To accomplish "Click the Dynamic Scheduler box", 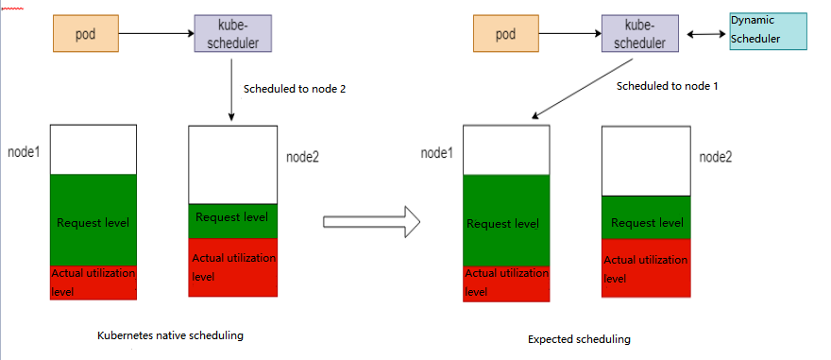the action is (x=768, y=31).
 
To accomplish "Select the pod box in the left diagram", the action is (x=86, y=33).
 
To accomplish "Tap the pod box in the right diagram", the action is (x=506, y=33).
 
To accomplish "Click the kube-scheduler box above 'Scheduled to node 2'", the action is (x=233, y=33).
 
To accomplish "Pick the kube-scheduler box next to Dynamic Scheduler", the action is (x=640, y=33).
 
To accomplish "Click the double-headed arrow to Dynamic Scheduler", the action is (x=706, y=34).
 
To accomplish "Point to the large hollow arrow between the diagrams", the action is (x=371, y=222).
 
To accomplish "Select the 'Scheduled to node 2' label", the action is (x=295, y=89).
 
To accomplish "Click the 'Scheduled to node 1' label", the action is (x=668, y=86).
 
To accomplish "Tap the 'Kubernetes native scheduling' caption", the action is (x=171, y=335).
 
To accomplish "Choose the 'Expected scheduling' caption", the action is (x=579, y=339).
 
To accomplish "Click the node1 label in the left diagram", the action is (x=25, y=152).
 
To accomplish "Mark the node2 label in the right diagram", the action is (x=716, y=157).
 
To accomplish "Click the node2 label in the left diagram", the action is (x=302, y=158).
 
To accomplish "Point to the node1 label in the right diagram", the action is (x=437, y=153).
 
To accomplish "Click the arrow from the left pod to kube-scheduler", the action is (x=157, y=33).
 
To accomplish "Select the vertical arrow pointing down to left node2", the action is (x=231, y=90).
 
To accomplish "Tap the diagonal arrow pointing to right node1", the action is (x=583, y=89).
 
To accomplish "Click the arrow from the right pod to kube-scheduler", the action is (x=570, y=33).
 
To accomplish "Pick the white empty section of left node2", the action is (x=232, y=165).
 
